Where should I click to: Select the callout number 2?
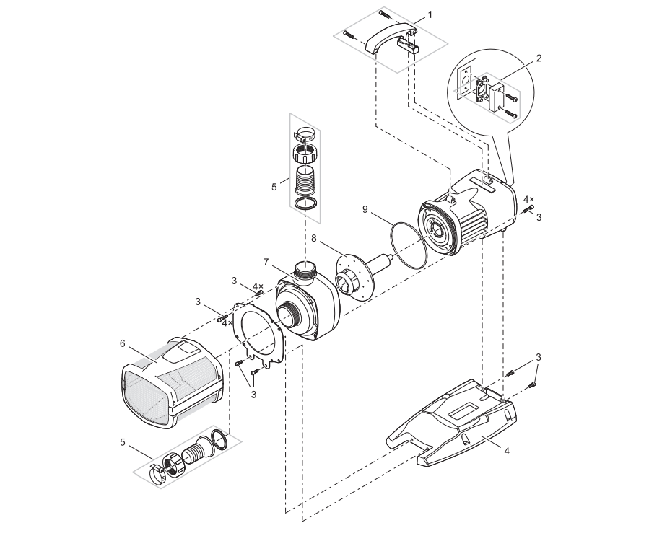[x=539, y=58]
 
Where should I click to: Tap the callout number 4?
[x=507, y=451]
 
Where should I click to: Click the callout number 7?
[x=266, y=260]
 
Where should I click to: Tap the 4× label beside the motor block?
[x=529, y=198]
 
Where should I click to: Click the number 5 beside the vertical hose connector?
[x=274, y=186]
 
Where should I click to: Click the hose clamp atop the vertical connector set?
[x=306, y=134]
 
